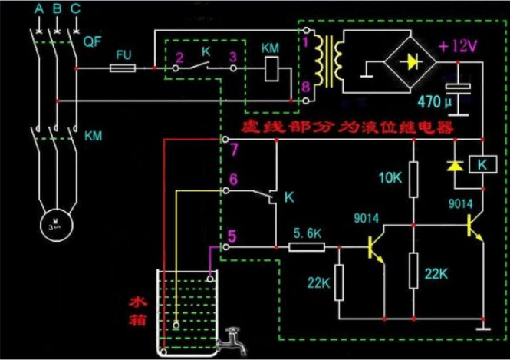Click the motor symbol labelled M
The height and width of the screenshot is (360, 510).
coord(55,223)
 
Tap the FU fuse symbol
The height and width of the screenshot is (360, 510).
coord(123,68)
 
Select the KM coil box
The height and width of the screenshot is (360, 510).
coord(271,71)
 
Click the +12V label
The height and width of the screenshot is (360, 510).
coord(458,46)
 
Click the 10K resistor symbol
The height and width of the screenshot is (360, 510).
coord(413,179)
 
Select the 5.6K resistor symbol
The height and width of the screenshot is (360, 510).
coord(307,247)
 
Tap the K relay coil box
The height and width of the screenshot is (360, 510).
coord(483,164)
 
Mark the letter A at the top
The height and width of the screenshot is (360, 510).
coord(38,9)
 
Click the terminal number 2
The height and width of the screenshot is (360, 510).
coord(178,57)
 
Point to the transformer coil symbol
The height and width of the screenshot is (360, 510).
coord(333,61)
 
